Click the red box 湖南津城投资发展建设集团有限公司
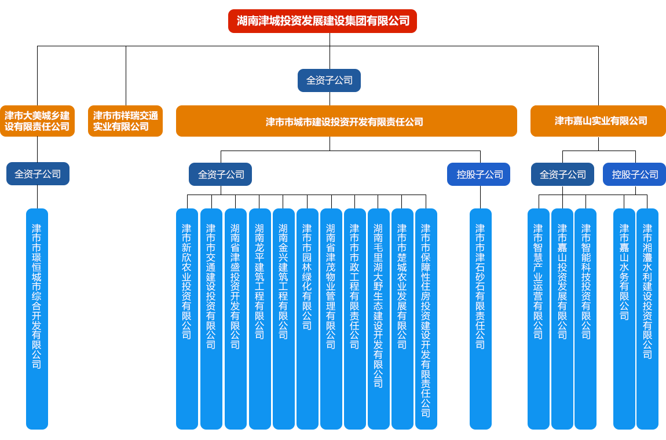pos(323,21)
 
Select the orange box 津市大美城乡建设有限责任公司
pos(37,121)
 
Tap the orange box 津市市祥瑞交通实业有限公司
pos(125,121)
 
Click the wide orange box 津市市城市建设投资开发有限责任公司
pos(346,122)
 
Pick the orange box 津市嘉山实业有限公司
pos(598,121)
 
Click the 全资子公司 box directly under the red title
pos(329,80)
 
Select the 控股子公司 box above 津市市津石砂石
pos(479,174)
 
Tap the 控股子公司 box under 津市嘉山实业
pos(634,174)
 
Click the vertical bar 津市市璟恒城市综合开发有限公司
pos(37,318)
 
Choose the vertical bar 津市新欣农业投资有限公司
pos(187,318)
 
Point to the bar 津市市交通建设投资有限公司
pos(211,318)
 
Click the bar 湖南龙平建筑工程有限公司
pos(259,318)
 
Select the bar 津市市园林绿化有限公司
pos(307,318)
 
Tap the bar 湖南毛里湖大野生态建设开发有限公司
pos(378,318)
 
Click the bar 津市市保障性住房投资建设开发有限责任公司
pos(426,318)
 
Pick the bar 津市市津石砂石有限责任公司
pos(480,318)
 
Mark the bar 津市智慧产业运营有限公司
pos(538,318)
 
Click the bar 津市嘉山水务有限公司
pos(624,318)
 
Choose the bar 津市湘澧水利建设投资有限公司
pos(647,318)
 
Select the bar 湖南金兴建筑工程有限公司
pos(283,318)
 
